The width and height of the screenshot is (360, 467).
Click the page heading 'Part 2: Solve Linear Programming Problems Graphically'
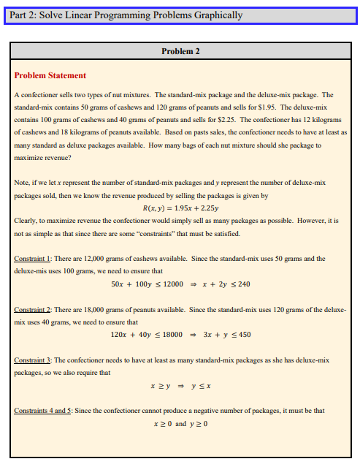point(123,15)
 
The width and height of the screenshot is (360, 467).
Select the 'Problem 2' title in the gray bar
point(180,51)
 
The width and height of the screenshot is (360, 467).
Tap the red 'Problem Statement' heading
point(50,75)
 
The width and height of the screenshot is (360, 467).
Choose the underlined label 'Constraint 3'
point(34,361)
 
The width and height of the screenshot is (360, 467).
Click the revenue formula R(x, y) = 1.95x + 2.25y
point(180,208)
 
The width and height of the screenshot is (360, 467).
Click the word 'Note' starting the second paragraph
point(22,183)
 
